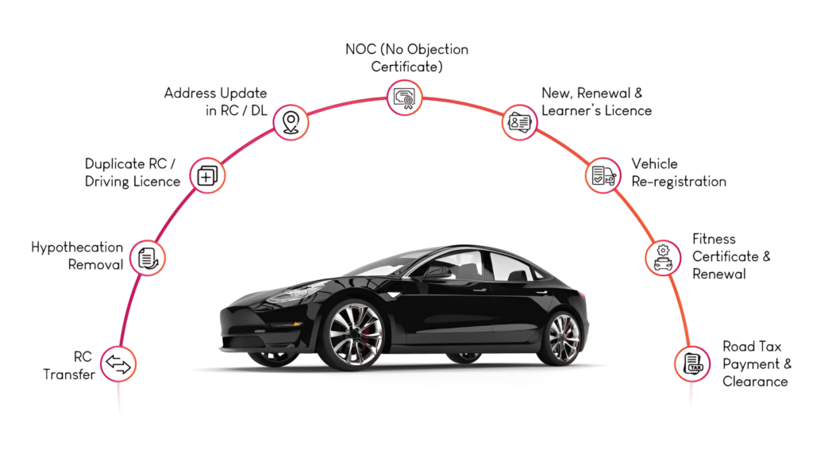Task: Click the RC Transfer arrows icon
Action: [118, 364]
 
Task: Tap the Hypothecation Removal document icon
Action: [147, 257]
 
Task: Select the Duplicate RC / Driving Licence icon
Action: [206, 175]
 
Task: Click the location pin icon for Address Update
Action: [291, 123]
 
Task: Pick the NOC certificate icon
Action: [404, 98]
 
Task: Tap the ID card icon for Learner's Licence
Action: [519, 123]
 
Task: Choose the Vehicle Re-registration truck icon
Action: [603, 175]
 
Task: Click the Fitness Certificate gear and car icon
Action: [662, 257]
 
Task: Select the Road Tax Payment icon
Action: [692, 364]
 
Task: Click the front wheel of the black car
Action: [351, 334]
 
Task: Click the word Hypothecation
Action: [77, 248]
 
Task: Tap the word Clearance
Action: [755, 382]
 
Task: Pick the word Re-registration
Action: [679, 182]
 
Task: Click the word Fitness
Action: [714, 239]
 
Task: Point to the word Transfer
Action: [69, 374]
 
